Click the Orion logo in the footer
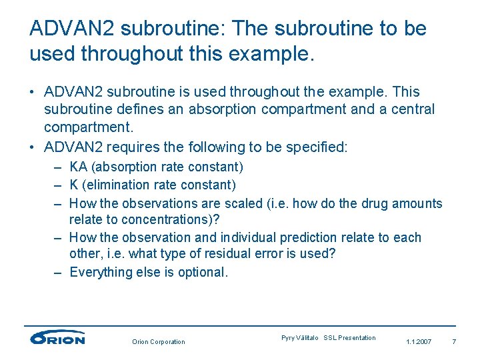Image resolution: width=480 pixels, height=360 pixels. (x=57, y=338)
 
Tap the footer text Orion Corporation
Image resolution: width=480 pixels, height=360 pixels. (x=158, y=342)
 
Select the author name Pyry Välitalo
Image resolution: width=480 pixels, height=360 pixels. (x=301, y=338)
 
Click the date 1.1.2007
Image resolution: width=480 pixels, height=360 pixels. (x=419, y=342)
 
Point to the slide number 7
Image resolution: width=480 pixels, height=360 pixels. (x=454, y=342)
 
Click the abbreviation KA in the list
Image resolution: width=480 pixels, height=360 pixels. (x=78, y=167)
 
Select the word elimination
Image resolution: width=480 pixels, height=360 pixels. (x=118, y=185)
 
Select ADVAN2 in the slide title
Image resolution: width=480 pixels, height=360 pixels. (x=73, y=29)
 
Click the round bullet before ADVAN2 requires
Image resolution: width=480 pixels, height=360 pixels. (x=33, y=147)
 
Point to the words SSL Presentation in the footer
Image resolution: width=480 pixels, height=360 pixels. (x=349, y=338)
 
